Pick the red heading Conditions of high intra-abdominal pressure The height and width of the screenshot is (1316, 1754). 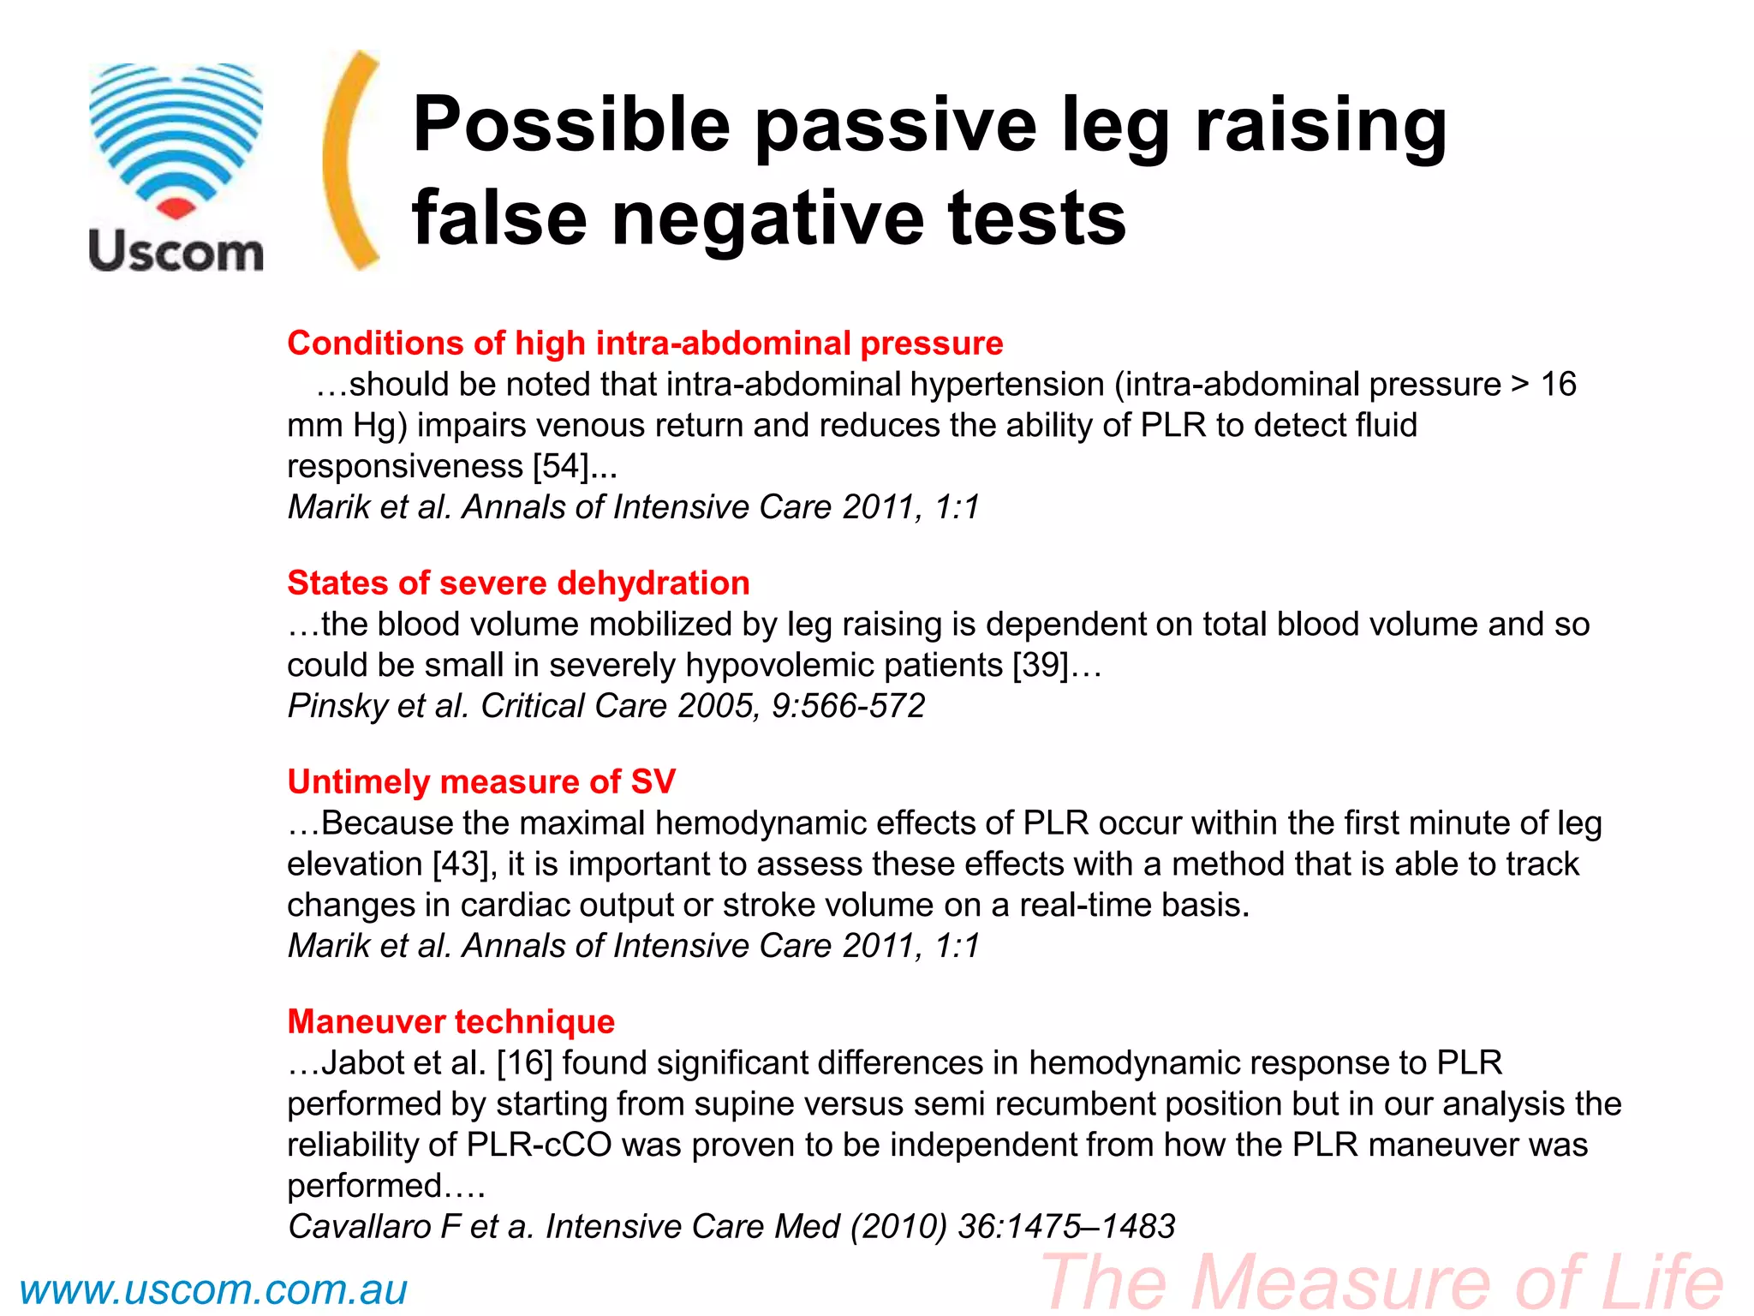coord(645,344)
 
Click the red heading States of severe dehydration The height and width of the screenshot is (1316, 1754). coord(518,583)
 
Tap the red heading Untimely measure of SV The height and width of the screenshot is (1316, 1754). coord(481,782)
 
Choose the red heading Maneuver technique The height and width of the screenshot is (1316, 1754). coord(450,1022)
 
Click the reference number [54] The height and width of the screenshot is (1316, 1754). coord(561,467)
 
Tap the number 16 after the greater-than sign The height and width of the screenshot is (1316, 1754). coord(1558,385)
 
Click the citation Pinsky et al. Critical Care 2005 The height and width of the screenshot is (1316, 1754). coord(606,707)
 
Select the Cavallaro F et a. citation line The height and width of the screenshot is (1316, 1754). coord(731,1227)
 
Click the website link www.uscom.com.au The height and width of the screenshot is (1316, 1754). coord(213,1290)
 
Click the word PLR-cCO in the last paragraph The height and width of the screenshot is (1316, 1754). coord(539,1146)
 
